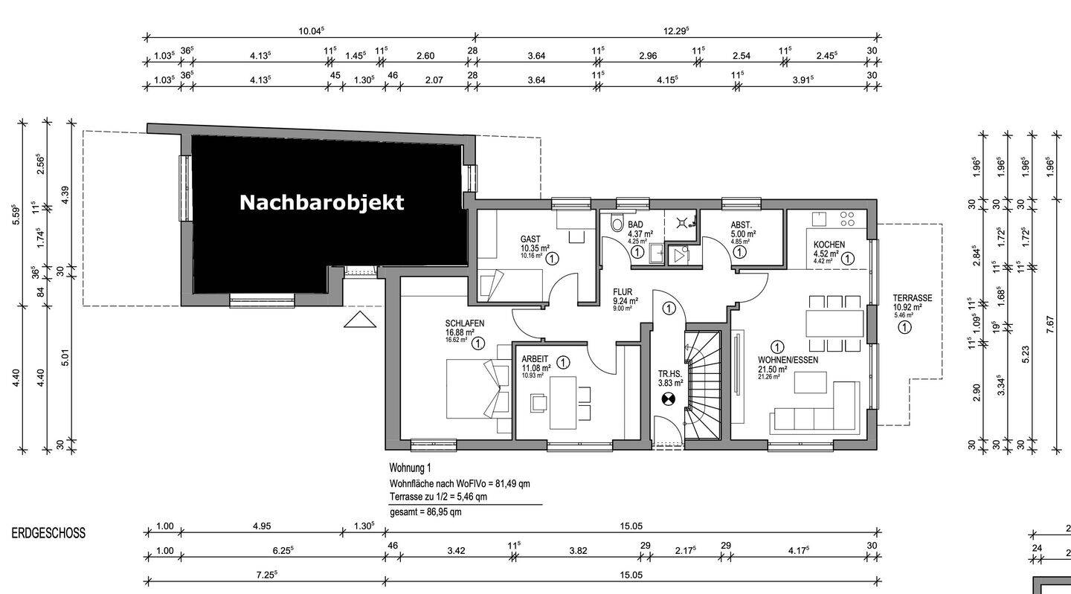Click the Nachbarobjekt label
[x=321, y=202]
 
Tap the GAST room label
[x=530, y=239]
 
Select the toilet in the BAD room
[x=616, y=224]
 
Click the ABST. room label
[x=741, y=225]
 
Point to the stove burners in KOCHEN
[x=847, y=219]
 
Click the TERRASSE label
[x=912, y=298]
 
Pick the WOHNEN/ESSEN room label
[x=788, y=360]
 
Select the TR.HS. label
[x=669, y=374]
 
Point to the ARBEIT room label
[x=535, y=358]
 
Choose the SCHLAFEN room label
[x=465, y=323]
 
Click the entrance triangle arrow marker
[x=360, y=320]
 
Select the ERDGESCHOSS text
[x=48, y=533]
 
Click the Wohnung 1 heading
[x=410, y=468]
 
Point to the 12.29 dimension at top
[x=676, y=30]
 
